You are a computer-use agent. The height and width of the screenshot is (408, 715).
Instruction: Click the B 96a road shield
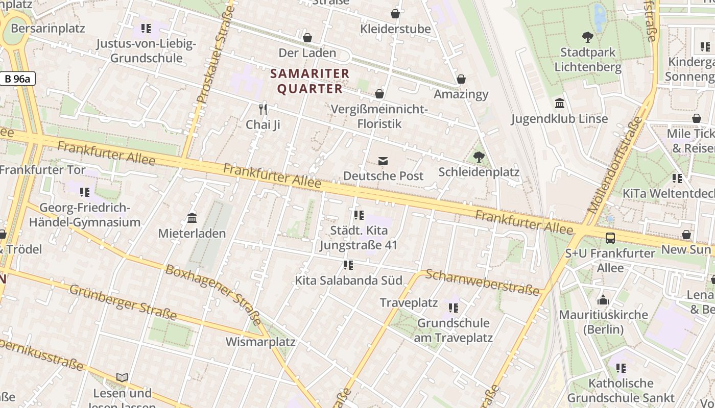17,79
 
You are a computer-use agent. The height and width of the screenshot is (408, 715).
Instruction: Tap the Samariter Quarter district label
309,81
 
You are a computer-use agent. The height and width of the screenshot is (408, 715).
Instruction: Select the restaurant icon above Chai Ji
263,109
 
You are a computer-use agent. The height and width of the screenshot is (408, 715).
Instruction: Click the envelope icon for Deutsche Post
383,161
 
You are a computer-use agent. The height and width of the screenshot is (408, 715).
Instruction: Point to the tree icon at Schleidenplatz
479,157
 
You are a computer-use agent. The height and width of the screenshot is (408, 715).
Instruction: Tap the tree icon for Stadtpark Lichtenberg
587,37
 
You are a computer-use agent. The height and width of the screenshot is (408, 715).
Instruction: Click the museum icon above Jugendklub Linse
560,104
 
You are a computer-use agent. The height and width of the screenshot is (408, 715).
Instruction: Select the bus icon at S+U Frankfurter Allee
610,238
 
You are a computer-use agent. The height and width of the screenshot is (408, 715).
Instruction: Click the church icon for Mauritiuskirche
603,299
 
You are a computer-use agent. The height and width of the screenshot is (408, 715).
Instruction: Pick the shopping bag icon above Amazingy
461,79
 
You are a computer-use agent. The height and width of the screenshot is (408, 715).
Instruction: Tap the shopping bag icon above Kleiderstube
395,14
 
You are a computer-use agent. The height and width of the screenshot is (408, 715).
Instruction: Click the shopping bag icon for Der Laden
307,38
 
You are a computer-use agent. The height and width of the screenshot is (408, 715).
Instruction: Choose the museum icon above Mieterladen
192,218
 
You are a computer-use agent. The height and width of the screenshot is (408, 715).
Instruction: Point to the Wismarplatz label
260,341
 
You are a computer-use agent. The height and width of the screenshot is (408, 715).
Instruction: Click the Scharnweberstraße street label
482,282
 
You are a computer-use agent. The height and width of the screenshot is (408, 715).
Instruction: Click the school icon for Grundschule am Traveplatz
453,308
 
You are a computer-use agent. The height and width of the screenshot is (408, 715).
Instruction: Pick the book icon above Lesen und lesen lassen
122,377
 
